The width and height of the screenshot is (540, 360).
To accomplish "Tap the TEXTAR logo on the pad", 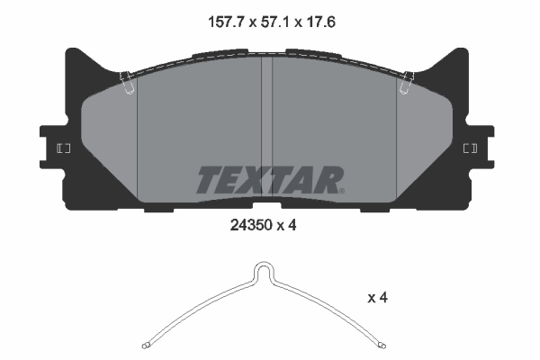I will click(x=268, y=179).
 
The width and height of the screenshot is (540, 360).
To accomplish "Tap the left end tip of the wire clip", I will click(x=146, y=345).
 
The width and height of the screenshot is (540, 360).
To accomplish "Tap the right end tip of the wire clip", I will click(x=382, y=345).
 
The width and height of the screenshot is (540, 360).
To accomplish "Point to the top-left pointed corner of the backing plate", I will click(x=68, y=48).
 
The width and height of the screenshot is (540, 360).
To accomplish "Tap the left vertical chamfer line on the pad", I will click(x=136, y=135).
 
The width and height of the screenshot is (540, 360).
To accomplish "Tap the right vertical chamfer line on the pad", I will click(x=397, y=135).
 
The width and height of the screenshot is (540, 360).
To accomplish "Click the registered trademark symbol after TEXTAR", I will click(x=341, y=189).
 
